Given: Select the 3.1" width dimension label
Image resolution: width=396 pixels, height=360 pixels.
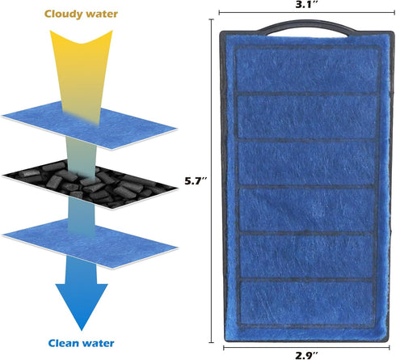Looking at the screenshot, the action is pyautogui.click(x=307, y=4).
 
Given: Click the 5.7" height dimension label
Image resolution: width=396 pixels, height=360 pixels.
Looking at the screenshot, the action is pyautogui.click(x=196, y=181).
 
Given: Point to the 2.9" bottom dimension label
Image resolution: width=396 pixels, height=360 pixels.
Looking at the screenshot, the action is pyautogui.click(x=306, y=355).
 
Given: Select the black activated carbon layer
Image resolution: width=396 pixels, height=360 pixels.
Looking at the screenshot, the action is pyautogui.click(x=90, y=184).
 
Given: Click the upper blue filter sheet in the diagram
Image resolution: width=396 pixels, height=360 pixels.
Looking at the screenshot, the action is pyautogui.click(x=90, y=125).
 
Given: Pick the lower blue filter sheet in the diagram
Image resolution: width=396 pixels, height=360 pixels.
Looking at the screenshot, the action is pyautogui.click(x=91, y=244).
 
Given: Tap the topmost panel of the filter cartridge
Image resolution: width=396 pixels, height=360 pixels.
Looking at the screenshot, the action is pyautogui.click(x=307, y=70).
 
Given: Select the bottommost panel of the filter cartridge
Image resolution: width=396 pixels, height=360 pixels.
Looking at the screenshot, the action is pyautogui.click(x=307, y=303).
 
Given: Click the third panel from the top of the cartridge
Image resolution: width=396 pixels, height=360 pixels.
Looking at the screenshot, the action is pyautogui.click(x=307, y=163).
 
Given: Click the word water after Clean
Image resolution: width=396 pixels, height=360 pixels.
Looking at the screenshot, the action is pyautogui.click(x=98, y=343).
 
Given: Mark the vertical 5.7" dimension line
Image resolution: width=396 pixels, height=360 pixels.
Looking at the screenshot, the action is pyautogui.click(x=212, y=181).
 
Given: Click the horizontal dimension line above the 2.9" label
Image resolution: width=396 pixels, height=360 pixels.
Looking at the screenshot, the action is pyautogui.click(x=306, y=348).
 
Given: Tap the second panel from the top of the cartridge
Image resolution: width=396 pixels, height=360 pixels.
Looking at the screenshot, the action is pyautogui.click(x=307, y=117).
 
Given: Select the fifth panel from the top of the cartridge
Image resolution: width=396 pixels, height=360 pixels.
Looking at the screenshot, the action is pyautogui.click(x=307, y=256).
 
